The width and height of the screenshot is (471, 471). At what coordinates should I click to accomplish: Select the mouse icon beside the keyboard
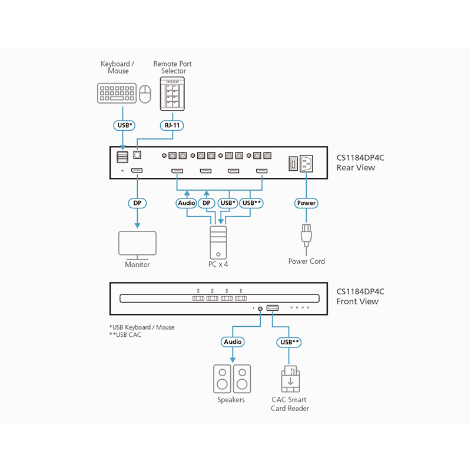[x=145, y=93]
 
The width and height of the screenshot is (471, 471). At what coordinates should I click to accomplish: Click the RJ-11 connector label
[x=172, y=125]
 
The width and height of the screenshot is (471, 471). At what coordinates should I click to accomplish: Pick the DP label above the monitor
[x=138, y=203]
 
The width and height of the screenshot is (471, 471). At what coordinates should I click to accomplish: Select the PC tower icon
[x=218, y=242]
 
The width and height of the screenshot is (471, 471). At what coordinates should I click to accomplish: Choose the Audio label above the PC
[x=187, y=203]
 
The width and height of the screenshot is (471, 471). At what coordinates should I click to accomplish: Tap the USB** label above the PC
[x=252, y=203]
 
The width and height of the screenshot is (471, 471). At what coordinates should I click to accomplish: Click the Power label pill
[x=306, y=203]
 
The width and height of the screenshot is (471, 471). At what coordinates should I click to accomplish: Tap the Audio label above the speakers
[x=232, y=341]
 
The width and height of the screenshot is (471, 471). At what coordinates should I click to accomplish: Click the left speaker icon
[x=222, y=379]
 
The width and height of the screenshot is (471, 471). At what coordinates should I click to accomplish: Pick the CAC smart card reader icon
[x=289, y=379]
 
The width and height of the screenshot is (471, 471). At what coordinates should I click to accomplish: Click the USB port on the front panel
[x=273, y=308]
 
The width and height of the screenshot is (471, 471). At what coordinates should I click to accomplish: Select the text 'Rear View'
[x=356, y=168]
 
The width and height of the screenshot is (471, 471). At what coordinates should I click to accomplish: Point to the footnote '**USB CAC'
[x=125, y=335]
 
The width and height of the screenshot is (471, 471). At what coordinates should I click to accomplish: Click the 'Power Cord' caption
[x=306, y=261]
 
